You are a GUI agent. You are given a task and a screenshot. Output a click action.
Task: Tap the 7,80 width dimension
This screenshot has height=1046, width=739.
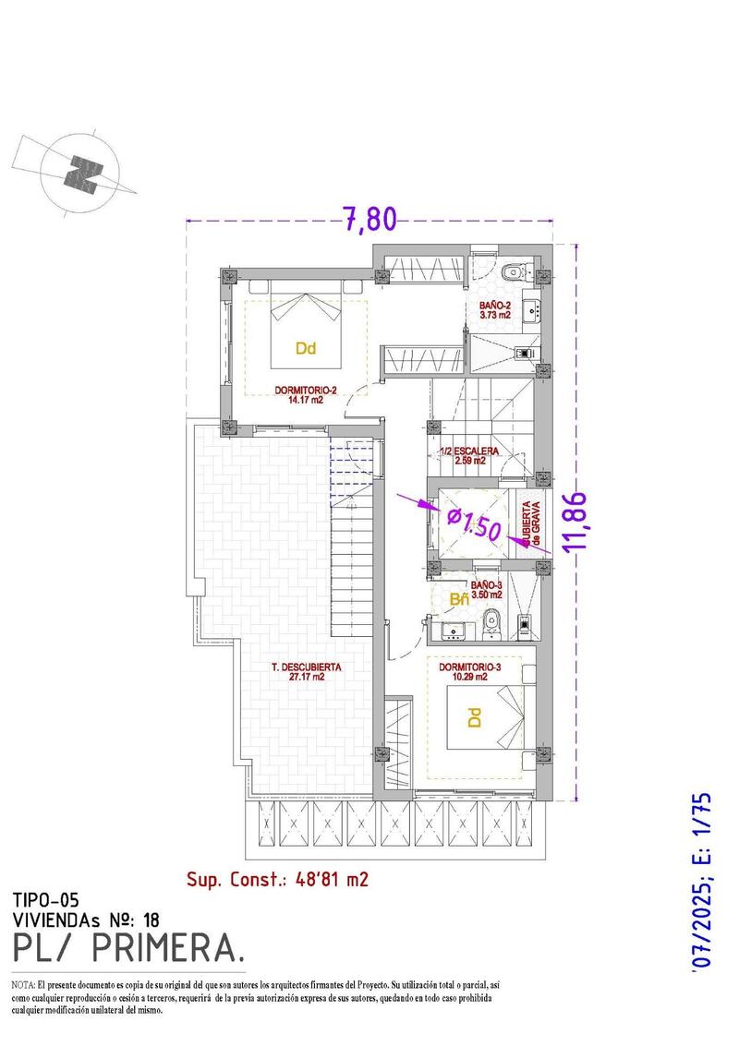pyautogui.click(x=369, y=219)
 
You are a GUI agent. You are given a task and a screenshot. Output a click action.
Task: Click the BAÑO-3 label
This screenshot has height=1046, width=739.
pyautogui.click(x=486, y=590)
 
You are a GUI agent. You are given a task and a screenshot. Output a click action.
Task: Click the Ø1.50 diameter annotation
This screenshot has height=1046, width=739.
pyautogui.click(x=474, y=523)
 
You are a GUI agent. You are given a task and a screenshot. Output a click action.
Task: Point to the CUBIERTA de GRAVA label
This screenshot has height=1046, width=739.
pyautogui.click(x=531, y=524)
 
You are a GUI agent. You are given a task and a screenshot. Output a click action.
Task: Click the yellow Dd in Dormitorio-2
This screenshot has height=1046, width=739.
pyautogui.click(x=306, y=349)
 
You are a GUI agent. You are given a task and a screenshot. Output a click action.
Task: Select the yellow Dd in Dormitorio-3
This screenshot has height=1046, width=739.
pyautogui.click(x=473, y=717)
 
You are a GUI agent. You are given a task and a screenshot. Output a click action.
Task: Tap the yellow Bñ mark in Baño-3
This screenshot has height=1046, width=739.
pyautogui.click(x=458, y=600)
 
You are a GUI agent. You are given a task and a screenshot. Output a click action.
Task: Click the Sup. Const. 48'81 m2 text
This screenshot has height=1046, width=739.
pyautogui.click(x=277, y=879)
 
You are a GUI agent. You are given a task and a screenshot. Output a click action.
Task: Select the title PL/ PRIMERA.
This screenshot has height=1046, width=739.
pyautogui.click(x=129, y=948)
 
